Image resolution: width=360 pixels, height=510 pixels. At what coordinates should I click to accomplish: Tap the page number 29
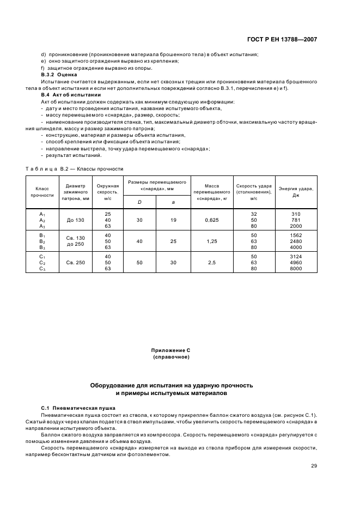pyautogui.click(x=314, y=465)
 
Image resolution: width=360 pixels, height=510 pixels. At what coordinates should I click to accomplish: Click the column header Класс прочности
pyautogui.click(x=42, y=191)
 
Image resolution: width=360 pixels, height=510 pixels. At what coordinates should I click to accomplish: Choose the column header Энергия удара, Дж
pyautogui.click(x=296, y=191)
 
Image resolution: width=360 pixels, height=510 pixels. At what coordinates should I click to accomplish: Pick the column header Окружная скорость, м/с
pyautogui.click(x=107, y=191)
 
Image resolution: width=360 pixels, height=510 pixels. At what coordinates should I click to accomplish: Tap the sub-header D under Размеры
pyautogui.click(x=139, y=202)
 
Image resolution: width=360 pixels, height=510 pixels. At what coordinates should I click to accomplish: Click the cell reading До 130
pyautogui.click(x=76, y=220)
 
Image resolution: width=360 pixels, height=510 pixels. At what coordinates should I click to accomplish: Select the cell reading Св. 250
pyautogui.click(x=76, y=262)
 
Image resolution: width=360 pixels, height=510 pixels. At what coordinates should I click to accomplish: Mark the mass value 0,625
pyautogui.click(x=212, y=220)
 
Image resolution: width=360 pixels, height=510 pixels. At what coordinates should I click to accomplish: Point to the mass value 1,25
pyautogui.click(x=212, y=241)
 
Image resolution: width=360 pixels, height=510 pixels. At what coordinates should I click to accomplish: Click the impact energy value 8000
pyautogui.click(x=296, y=268)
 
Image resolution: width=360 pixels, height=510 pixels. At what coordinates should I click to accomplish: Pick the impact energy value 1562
pyautogui.click(x=296, y=235)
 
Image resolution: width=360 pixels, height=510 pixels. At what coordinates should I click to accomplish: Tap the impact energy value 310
pyautogui.click(x=296, y=214)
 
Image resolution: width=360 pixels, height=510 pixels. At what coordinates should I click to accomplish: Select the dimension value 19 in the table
pyautogui.click(x=173, y=220)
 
